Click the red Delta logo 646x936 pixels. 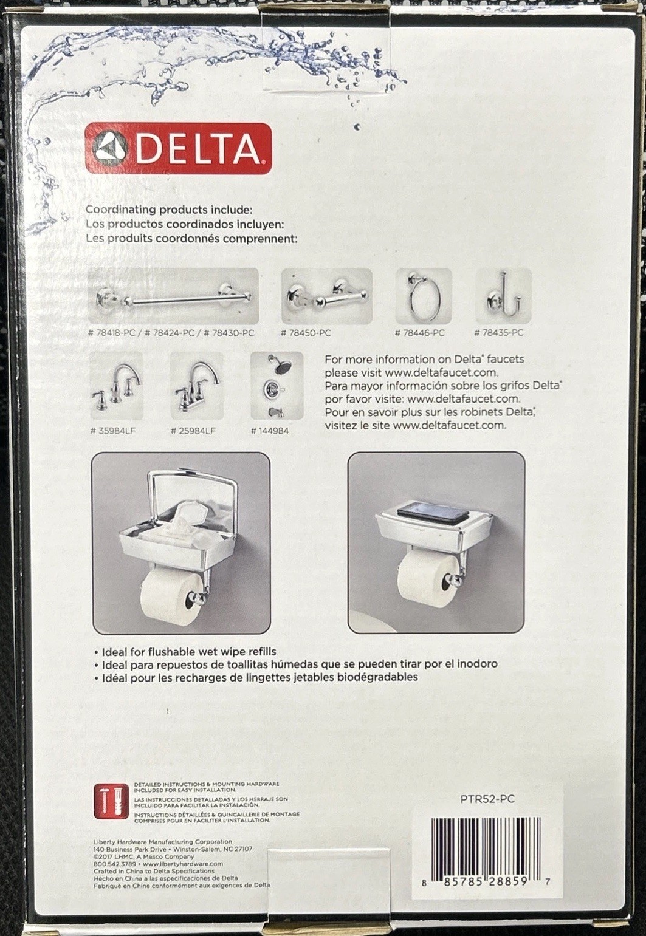tap(178, 148)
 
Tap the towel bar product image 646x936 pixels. tap(174, 296)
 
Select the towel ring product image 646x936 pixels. tap(424, 296)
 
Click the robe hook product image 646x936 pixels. tap(503, 296)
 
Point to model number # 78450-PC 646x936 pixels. tap(306, 333)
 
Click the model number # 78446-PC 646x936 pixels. tap(420, 333)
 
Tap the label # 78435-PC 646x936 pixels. tap(498, 333)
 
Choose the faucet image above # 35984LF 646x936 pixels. tap(116, 386)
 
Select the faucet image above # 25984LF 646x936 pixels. tap(196, 386)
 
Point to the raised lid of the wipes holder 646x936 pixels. tap(183, 491)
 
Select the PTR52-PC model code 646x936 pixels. tap(487, 799)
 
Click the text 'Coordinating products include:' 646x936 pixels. tap(169, 210)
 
